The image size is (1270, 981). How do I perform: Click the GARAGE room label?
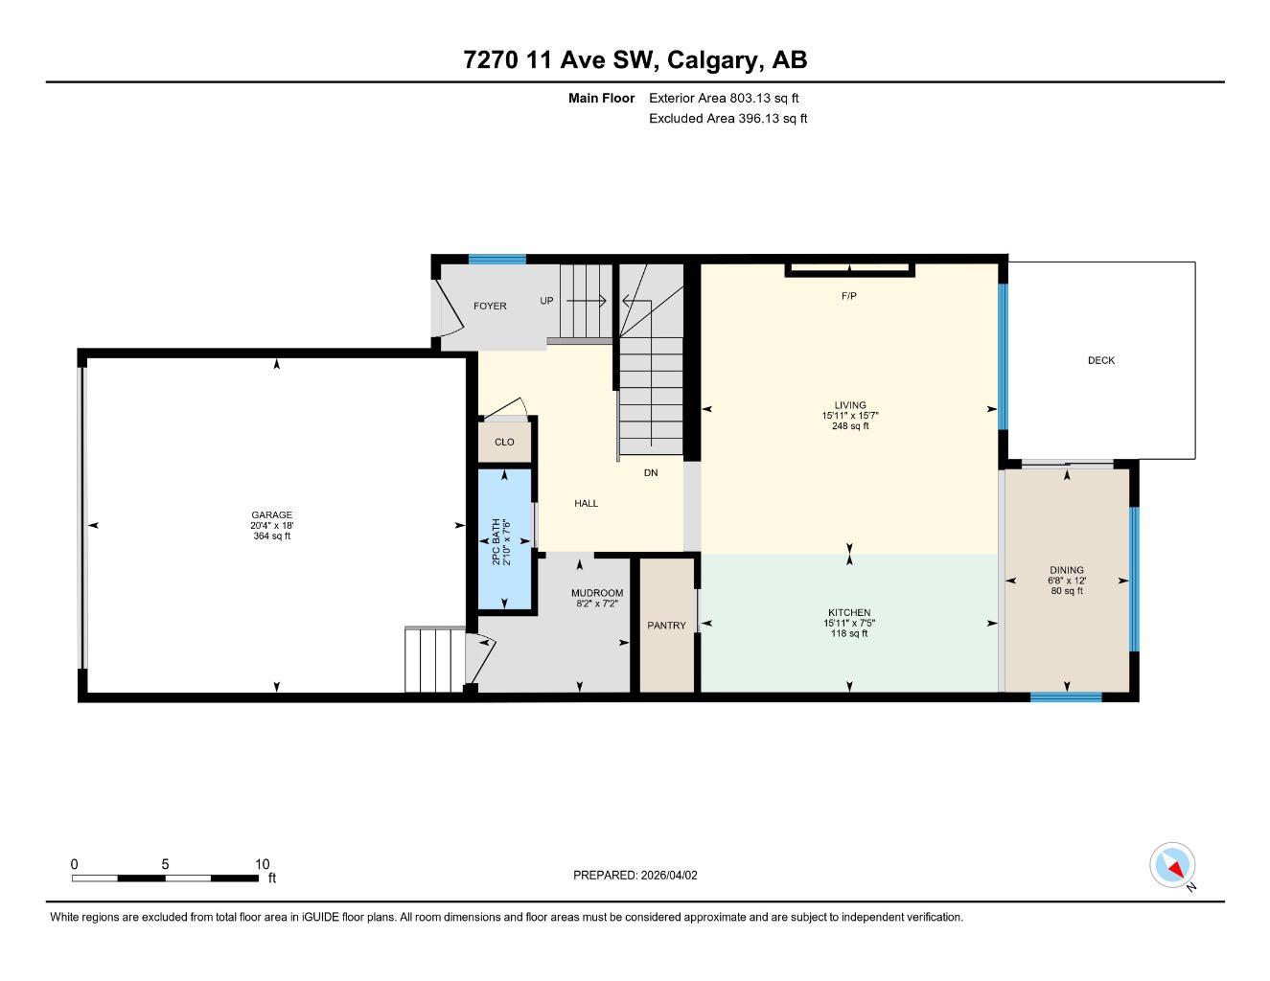[271, 514]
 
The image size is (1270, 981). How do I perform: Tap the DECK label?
[1101, 360]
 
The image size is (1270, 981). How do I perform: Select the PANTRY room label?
[666, 626]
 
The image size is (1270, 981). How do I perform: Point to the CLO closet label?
[504, 442]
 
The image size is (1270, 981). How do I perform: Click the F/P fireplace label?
[848, 296]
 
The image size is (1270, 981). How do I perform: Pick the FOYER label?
[490, 306]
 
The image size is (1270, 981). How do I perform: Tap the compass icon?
[1173, 866]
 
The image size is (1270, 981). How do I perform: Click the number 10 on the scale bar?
[263, 864]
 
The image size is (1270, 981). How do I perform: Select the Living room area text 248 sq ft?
[850, 426]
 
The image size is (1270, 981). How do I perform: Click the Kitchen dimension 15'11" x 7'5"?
[849, 623]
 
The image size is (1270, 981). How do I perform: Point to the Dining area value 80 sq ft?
[1066, 591]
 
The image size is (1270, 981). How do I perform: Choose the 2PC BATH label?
[496, 541]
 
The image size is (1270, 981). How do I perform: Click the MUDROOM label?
[597, 593]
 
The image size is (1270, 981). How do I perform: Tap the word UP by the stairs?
[546, 301]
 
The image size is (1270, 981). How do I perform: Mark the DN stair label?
[651, 472]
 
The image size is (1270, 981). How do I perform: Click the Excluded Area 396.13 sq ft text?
[727, 119]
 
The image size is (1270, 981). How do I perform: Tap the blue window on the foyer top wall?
[496, 259]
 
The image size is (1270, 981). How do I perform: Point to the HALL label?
[586, 503]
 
